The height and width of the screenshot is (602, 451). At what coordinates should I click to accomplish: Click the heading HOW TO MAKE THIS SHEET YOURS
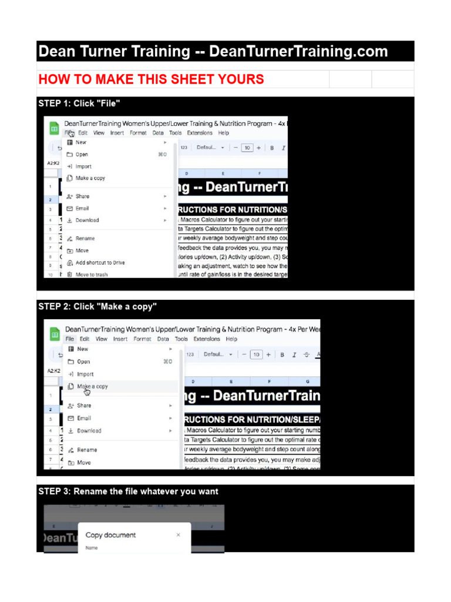coord(151,79)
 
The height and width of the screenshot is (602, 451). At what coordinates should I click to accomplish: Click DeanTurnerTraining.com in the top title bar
coord(298,52)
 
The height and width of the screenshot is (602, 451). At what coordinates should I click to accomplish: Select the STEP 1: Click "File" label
coord(79,103)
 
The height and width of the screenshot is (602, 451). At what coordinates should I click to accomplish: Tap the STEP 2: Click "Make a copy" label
coord(97,307)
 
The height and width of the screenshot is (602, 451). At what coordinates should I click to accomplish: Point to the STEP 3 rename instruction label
coord(128,491)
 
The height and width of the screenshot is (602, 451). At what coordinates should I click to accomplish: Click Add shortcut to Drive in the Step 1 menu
coord(100,263)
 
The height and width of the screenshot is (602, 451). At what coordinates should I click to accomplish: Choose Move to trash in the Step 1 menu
coord(91,275)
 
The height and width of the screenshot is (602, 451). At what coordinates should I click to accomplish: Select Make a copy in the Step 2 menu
coord(92,387)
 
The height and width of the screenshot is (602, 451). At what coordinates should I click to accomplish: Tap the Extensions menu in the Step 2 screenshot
coord(206,339)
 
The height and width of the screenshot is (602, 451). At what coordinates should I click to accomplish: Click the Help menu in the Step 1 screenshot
coord(224,133)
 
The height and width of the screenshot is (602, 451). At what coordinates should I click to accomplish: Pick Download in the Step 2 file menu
coord(89,431)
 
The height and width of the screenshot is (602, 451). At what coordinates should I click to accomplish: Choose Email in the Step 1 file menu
coord(82,208)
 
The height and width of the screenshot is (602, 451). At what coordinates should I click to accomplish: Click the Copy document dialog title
coord(110,535)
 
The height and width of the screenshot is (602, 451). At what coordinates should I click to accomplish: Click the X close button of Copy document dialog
coord(179,535)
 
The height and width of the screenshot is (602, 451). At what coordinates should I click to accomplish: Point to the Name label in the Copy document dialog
coord(92,548)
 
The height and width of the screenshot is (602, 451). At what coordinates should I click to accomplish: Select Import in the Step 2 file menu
coord(85,374)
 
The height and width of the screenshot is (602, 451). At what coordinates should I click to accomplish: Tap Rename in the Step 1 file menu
coord(85,239)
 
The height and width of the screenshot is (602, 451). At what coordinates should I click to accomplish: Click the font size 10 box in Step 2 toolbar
coord(256,354)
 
